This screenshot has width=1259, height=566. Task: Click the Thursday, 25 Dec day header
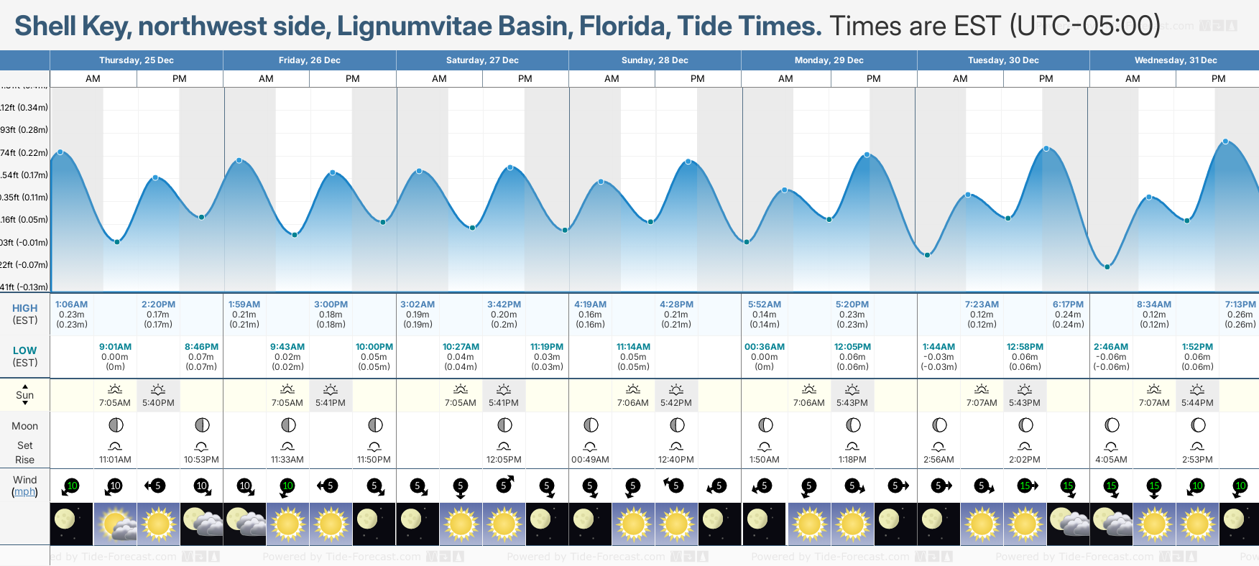pyautogui.click(x=137, y=60)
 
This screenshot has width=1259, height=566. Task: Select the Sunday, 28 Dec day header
pyautogui.click(x=655, y=60)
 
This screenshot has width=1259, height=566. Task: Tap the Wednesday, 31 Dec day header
pyautogui.click(x=1175, y=60)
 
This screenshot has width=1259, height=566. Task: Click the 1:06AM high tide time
pyautogui.click(x=71, y=305)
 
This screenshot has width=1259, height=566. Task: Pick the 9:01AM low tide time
pyautogui.click(x=115, y=347)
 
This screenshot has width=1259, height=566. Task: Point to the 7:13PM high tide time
pyautogui.click(x=1240, y=305)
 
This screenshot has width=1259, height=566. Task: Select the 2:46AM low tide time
pyautogui.click(x=1110, y=347)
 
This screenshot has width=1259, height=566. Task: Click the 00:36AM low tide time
pyautogui.click(x=764, y=347)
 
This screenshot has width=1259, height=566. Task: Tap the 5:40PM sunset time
pyautogui.click(x=158, y=403)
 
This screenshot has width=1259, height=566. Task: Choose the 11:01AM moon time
pyautogui.click(x=115, y=460)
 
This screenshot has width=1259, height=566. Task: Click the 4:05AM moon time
pyautogui.click(x=1110, y=460)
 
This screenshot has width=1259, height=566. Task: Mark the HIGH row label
pyautogui.click(x=24, y=308)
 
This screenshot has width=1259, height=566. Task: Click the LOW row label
pyautogui.click(x=24, y=351)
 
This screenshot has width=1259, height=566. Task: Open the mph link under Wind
pyautogui.click(x=24, y=492)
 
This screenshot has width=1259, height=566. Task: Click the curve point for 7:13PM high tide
pyautogui.click(x=1225, y=141)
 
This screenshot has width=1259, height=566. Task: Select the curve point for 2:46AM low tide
pyautogui.click(x=1107, y=266)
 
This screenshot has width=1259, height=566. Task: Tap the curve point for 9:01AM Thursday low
pyautogui.click(x=117, y=241)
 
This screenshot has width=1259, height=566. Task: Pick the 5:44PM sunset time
pyautogui.click(x=1197, y=403)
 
